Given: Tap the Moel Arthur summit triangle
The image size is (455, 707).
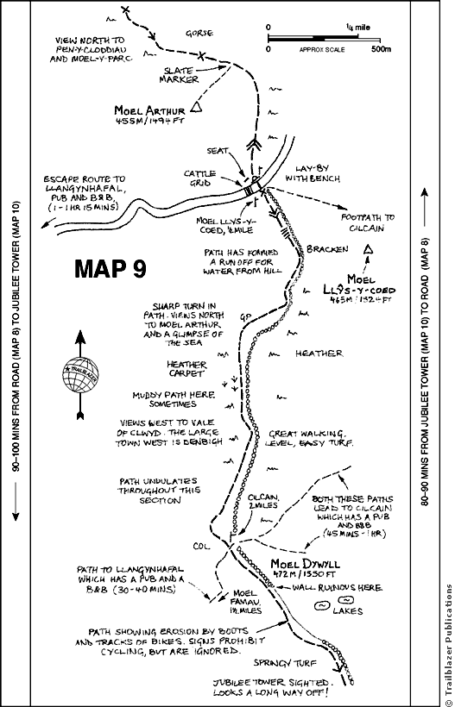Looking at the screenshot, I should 196,108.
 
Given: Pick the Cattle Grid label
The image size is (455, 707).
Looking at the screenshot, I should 199,178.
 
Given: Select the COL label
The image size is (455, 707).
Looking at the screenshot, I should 202,544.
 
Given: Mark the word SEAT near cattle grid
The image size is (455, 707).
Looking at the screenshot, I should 218,150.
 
